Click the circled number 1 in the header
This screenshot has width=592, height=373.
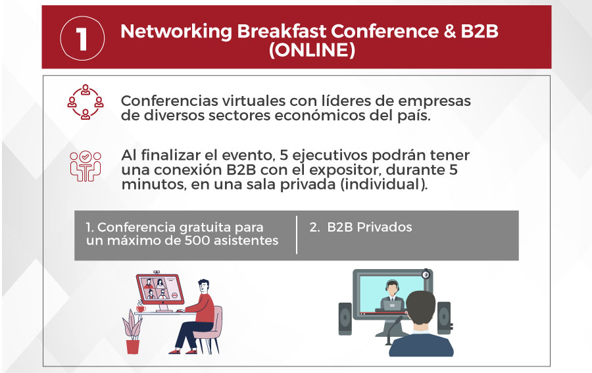(82, 39)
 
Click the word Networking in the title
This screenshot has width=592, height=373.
(176, 32)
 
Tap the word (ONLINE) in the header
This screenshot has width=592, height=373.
(312, 50)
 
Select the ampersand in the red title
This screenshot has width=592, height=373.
(450, 32)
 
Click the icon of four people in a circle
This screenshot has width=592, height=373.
(86, 102)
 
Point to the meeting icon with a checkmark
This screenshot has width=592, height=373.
(86, 166)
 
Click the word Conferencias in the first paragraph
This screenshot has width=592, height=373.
(169, 101)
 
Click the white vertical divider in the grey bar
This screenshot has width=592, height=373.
(297, 235)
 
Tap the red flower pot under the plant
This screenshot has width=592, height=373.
(132, 347)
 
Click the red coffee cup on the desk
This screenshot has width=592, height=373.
(141, 309)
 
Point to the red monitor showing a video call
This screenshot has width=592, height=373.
(160, 289)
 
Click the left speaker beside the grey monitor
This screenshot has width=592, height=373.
(345, 318)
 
